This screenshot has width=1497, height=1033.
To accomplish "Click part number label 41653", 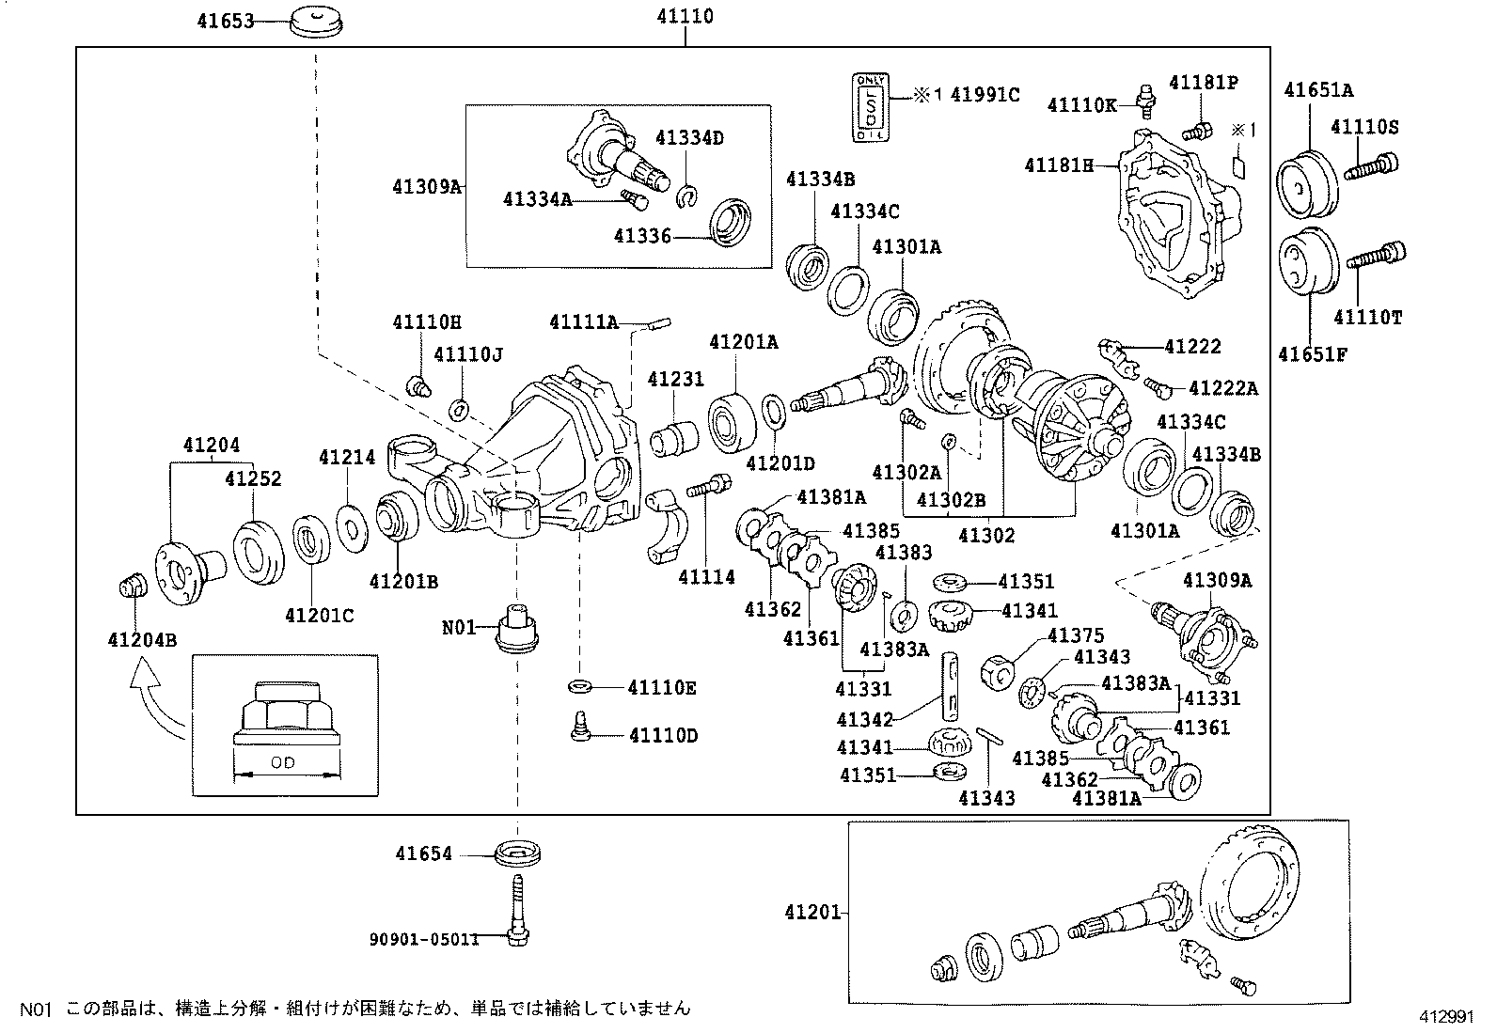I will [x=226, y=21].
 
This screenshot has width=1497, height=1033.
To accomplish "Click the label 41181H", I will [x=1059, y=166].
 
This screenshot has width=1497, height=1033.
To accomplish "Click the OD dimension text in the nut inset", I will [x=283, y=763].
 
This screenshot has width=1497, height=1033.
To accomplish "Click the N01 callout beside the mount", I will [x=460, y=626].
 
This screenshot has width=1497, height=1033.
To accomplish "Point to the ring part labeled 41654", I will [x=517, y=853].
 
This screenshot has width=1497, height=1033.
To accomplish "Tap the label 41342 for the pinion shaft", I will [x=864, y=720].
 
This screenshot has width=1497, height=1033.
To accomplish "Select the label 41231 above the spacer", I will [x=675, y=380].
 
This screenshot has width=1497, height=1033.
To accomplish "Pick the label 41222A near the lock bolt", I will [x=1222, y=388].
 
